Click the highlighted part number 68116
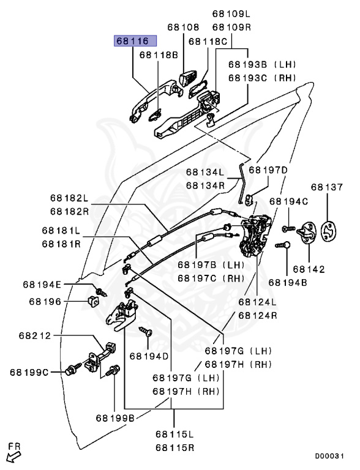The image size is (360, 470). coord(133,41)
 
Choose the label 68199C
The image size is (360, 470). coord(30,372)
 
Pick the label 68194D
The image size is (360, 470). coord(149,356)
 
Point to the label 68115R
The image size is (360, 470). coord(174,447)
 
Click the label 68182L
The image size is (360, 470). coord(69,199)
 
